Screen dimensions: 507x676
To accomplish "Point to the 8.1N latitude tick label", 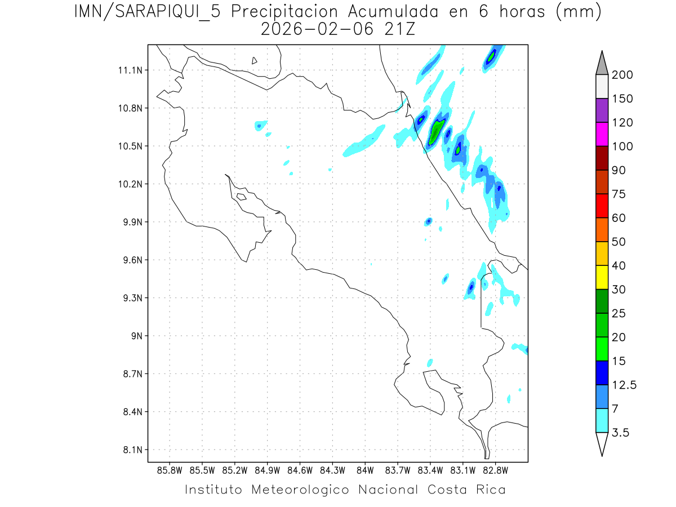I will click(x=131, y=450).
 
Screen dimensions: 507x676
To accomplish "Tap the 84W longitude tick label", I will click(x=365, y=469).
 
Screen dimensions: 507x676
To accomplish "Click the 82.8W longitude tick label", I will click(x=496, y=469).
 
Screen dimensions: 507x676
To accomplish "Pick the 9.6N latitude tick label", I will click(x=131, y=260).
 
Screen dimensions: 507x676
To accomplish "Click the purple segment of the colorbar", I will click(x=602, y=110).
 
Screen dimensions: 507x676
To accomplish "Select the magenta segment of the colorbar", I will click(x=602, y=135).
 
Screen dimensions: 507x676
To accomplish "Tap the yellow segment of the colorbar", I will click(x=602, y=277).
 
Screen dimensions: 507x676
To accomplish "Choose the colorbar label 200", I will click(x=622, y=75).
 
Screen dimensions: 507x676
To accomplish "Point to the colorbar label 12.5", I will click(x=624, y=385).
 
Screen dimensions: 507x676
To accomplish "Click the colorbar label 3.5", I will click(x=621, y=433).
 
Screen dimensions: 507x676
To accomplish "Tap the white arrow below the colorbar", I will click(x=602, y=443).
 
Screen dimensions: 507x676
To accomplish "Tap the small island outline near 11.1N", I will click(x=255, y=60).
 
